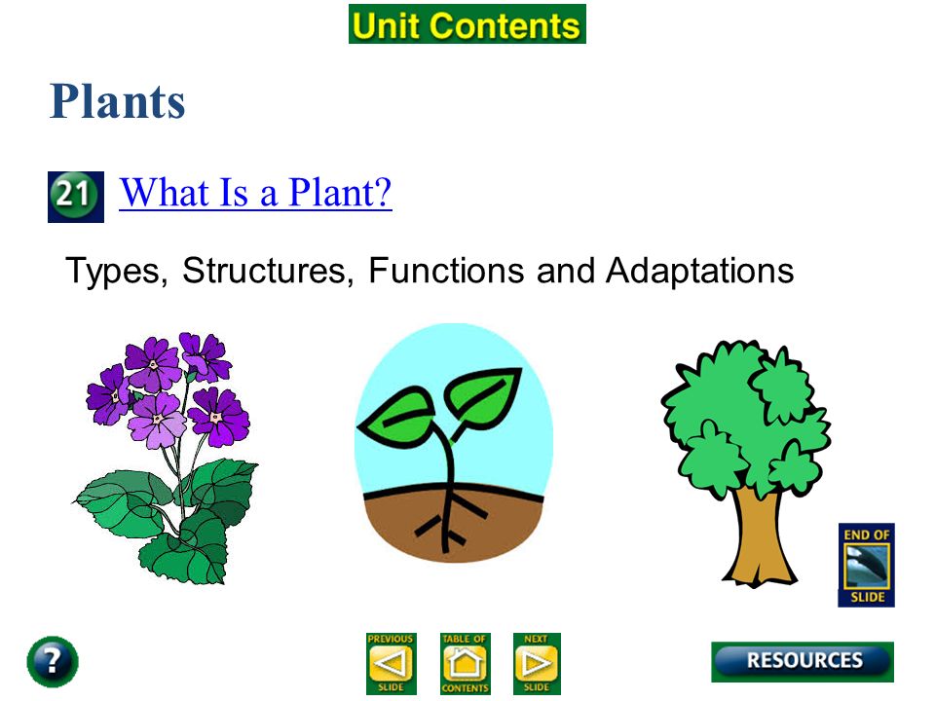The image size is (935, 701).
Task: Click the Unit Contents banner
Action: pos(467,24)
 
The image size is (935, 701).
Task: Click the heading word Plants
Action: pos(118,101)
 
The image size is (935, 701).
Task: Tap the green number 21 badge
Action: pos(76,197)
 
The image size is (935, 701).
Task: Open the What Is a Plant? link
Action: pos(255,193)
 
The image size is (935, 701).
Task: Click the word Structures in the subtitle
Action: pos(264,271)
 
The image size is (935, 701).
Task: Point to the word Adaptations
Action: pos(700,272)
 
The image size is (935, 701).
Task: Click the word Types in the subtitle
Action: pos(113,272)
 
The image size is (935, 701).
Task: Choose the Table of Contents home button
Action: pos(466,663)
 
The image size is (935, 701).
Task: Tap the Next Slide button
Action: pos(537,663)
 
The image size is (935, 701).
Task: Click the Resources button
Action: pos(803,661)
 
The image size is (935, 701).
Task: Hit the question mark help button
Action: pos(53,662)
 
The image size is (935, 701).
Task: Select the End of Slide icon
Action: pos(867,565)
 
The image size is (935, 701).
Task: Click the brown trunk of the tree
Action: pos(759,536)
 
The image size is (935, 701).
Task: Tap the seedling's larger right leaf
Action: pos(484,396)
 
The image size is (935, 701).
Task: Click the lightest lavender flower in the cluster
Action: pos(158,421)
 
